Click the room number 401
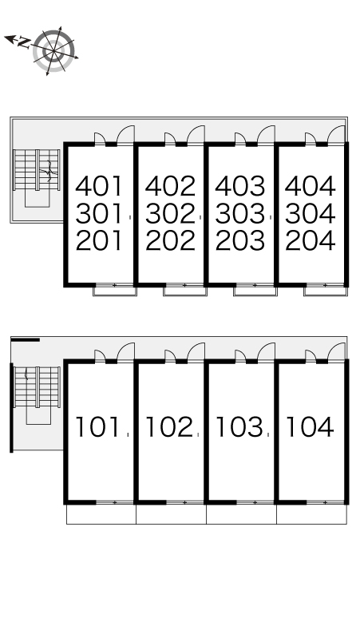(99, 186)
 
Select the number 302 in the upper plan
(170, 214)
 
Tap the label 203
(240, 241)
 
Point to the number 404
(310, 186)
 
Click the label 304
(310, 214)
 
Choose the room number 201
(99, 241)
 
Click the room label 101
(97, 427)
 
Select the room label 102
(169, 427)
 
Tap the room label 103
(239, 427)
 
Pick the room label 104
(310, 427)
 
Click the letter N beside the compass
(25, 42)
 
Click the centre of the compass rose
(53, 51)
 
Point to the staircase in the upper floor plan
(36, 170)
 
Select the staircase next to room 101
(37, 387)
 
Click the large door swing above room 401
(125, 134)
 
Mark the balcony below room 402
(185, 290)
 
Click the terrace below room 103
(241, 514)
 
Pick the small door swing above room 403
(240, 138)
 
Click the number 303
(240, 214)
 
